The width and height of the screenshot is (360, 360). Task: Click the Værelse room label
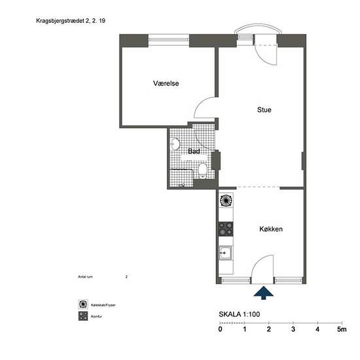click(166, 84)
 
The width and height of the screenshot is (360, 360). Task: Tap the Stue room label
click(264, 110)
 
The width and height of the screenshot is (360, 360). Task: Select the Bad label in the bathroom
click(194, 152)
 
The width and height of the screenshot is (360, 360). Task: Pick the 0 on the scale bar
click(220, 329)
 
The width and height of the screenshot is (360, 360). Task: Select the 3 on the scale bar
click(293, 329)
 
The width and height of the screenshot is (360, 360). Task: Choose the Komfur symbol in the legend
click(83, 316)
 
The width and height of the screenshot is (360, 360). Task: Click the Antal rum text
click(86, 278)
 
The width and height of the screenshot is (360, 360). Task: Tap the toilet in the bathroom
click(204, 171)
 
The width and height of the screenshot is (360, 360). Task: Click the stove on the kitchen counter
click(226, 228)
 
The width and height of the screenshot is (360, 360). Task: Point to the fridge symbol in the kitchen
click(226, 200)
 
